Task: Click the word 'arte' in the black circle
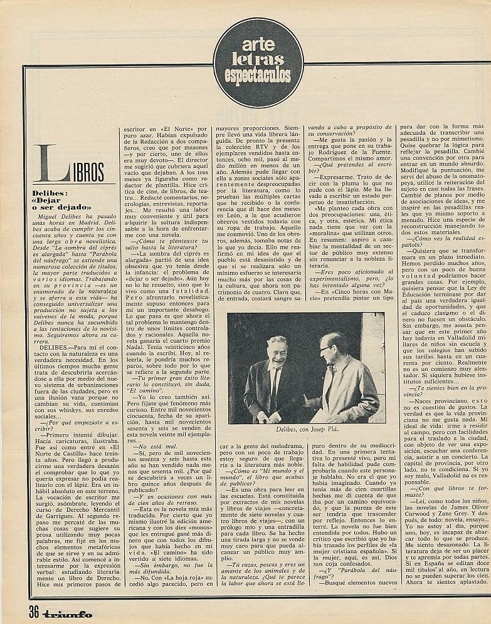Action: click(x=258, y=45)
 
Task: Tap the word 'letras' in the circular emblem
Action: click(x=258, y=60)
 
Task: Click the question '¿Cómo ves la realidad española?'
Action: click(x=436, y=242)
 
